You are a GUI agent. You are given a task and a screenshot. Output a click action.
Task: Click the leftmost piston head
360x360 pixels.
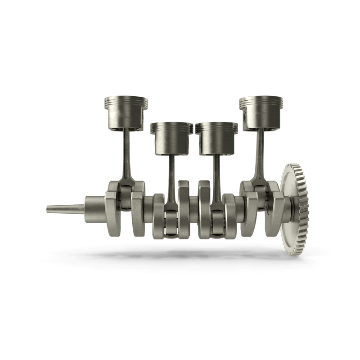pyautogui.click(x=126, y=112)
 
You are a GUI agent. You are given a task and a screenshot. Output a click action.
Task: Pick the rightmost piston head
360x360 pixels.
pyautogui.click(x=261, y=112)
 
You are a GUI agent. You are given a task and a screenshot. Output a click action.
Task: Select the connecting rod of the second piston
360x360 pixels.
pyautogui.click(x=171, y=178)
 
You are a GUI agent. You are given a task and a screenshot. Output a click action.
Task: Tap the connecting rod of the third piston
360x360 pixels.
pyautogui.click(x=217, y=178)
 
